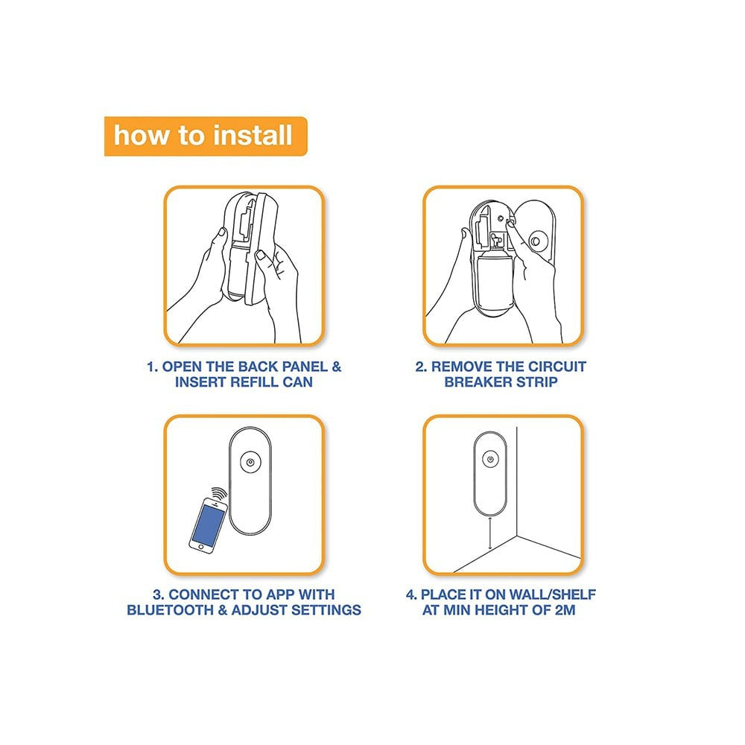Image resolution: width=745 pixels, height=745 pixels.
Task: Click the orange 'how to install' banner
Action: [x=206, y=136]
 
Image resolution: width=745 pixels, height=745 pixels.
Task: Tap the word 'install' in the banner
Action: [x=253, y=136]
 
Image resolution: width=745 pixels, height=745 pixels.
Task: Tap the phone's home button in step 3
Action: [x=201, y=548]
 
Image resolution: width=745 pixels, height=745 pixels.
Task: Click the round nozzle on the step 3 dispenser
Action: [x=250, y=462]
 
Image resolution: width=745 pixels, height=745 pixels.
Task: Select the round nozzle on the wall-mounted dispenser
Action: [x=490, y=459]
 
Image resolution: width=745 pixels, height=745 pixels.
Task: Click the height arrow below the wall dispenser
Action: [x=490, y=533]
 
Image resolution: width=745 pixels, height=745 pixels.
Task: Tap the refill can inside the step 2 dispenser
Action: [x=494, y=280]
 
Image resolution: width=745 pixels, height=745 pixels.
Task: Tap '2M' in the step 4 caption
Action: [x=565, y=610]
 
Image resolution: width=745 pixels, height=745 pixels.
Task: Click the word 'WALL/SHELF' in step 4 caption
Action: [x=552, y=595]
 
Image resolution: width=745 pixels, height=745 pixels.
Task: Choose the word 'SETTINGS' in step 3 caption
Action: [x=326, y=610]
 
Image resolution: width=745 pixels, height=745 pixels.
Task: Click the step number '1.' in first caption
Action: [x=152, y=367]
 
